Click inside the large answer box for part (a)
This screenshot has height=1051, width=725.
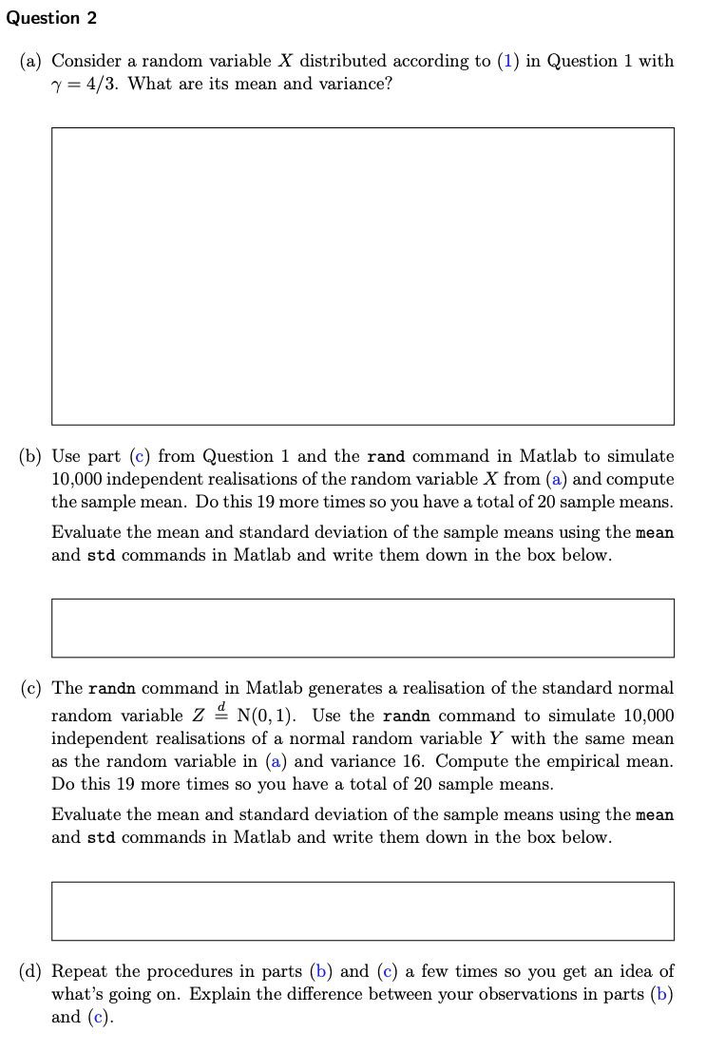click(x=362, y=276)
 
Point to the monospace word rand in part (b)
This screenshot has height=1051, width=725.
click(x=386, y=457)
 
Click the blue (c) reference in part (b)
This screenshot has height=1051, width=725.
click(x=139, y=457)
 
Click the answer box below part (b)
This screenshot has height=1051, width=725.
click(x=362, y=627)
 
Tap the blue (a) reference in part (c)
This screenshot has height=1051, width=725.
click(x=276, y=761)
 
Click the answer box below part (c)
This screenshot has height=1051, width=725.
click(x=362, y=910)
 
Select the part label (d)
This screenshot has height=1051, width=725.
click(x=30, y=971)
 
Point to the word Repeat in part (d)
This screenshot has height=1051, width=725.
click(x=80, y=971)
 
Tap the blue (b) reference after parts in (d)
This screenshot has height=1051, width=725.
click(x=321, y=971)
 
